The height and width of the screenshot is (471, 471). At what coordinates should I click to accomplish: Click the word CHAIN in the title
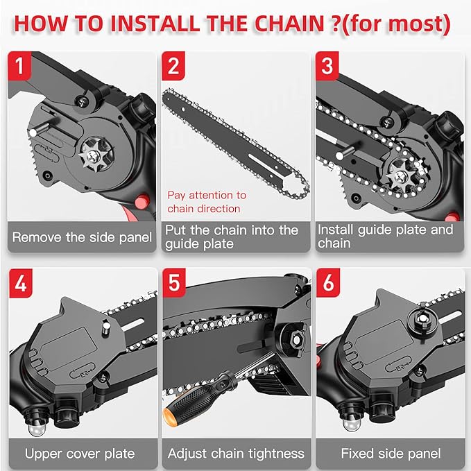pyautogui.click(x=276, y=22)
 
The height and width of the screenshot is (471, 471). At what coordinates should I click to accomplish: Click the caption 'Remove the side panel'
pyautogui.click(x=82, y=237)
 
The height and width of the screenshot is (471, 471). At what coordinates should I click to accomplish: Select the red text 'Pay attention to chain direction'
pyautogui.click(x=207, y=202)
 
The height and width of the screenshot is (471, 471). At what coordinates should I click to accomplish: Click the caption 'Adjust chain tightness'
pyautogui.click(x=236, y=454)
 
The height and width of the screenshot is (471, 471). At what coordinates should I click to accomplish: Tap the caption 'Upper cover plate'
pyautogui.click(x=79, y=454)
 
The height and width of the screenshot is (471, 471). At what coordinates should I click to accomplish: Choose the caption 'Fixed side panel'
pyautogui.click(x=391, y=454)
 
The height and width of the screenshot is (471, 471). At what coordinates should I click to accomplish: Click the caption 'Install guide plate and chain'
pyautogui.click(x=385, y=237)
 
